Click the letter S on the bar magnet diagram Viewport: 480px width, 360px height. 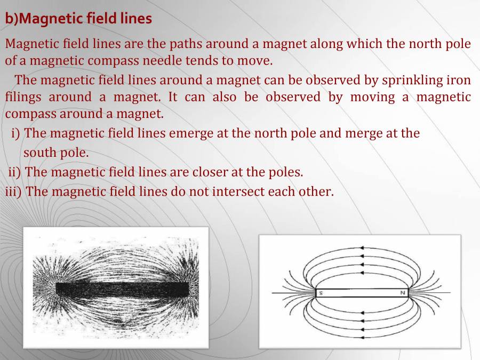(x=321, y=293)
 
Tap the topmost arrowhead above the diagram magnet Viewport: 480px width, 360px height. (x=362, y=247)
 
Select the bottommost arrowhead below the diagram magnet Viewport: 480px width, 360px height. (x=362, y=337)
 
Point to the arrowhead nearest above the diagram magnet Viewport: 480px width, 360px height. (x=362, y=273)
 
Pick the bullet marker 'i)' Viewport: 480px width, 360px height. (x=15, y=133)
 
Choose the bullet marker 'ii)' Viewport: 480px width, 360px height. (x=14, y=172)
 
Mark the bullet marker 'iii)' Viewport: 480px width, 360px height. (x=13, y=191)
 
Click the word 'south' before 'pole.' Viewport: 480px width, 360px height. (x=39, y=153)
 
